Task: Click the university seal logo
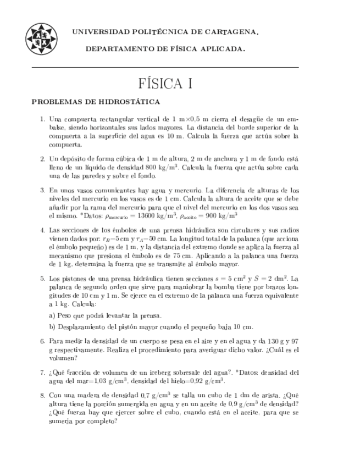[x=41, y=39]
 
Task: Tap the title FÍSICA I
[x=165, y=84]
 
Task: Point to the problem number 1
[x=42, y=119]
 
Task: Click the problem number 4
[x=42, y=230]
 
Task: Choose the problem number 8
[x=42, y=395]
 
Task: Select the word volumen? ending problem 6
[x=63, y=356]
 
